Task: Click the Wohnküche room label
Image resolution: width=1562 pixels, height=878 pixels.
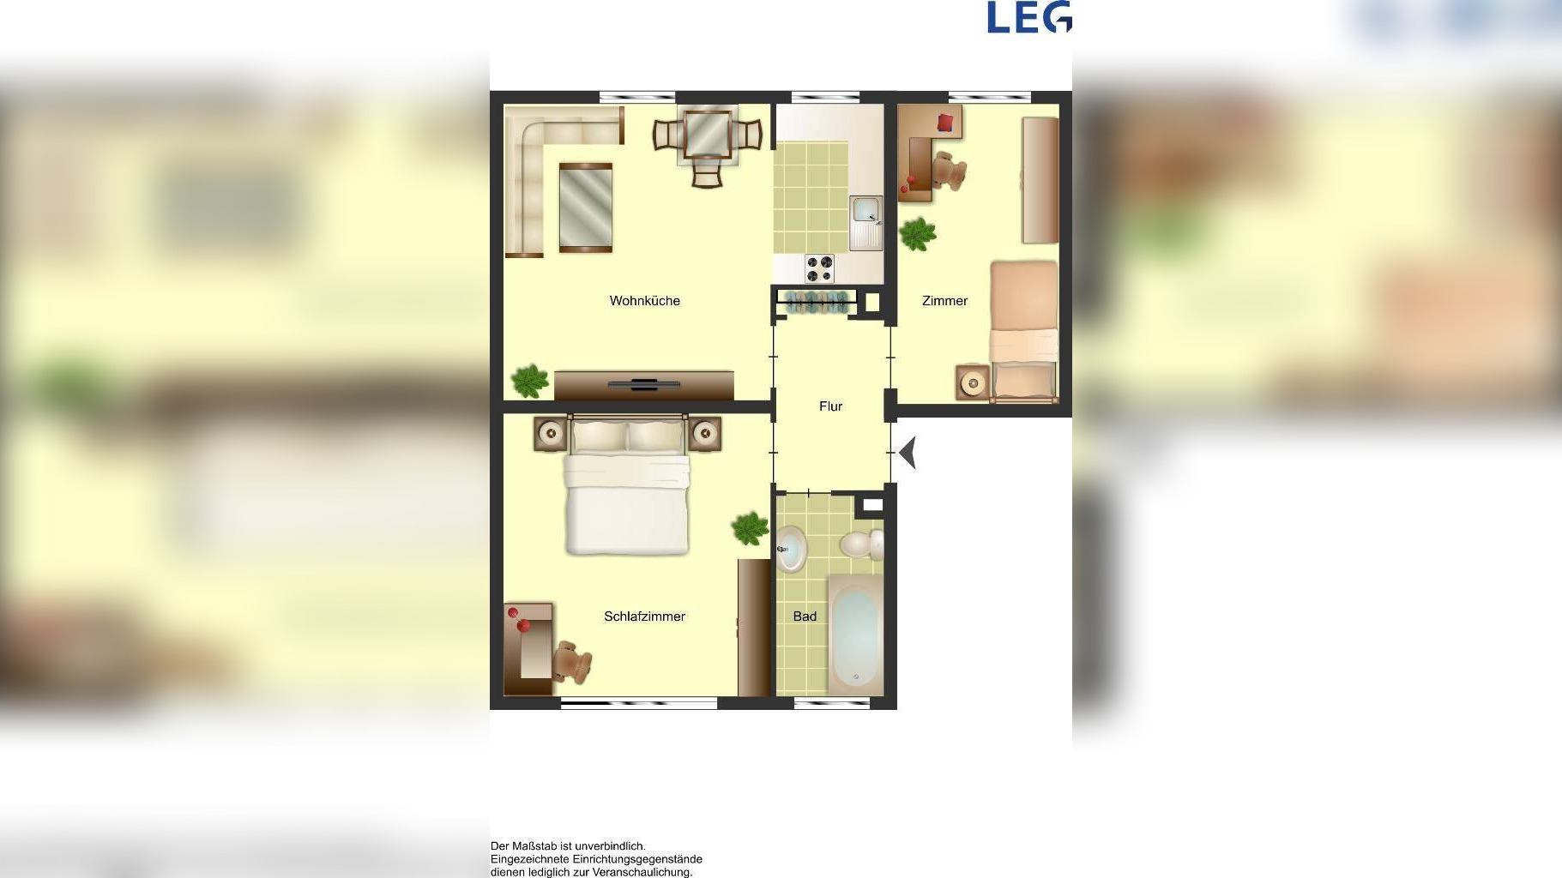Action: pyautogui.click(x=644, y=301)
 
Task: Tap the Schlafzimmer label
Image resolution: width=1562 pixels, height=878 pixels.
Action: pyautogui.click(x=644, y=616)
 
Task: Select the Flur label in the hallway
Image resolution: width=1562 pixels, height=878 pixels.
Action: pyautogui.click(x=830, y=406)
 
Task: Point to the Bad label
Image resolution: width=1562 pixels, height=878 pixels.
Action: pyautogui.click(x=805, y=616)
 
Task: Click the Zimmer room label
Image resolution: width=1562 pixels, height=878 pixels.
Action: pyautogui.click(x=944, y=301)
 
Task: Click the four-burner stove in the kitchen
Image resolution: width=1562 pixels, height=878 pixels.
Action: pyautogui.click(x=819, y=268)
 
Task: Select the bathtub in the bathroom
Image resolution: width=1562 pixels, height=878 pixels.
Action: pyautogui.click(x=855, y=634)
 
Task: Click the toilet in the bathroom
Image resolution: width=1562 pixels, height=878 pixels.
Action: pyautogui.click(x=861, y=544)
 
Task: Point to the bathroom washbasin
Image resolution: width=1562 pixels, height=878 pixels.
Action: pyautogui.click(x=791, y=549)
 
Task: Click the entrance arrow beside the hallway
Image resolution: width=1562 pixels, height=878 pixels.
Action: pyautogui.click(x=908, y=453)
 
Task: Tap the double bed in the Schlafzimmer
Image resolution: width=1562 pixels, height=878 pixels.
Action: pyautogui.click(x=627, y=485)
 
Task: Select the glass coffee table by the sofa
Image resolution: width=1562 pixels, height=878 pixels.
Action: pyautogui.click(x=586, y=207)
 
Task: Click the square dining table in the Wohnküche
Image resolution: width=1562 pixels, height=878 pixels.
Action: pyautogui.click(x=708, y=135)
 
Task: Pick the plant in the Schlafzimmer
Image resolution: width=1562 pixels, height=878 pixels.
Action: pyautogui.click(x=750, y=528)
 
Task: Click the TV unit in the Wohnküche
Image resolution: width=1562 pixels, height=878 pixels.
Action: pyautogui.click(x=644, y=385)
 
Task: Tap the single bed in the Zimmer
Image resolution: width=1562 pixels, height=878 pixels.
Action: pyautogui.click(x=1024, y=332)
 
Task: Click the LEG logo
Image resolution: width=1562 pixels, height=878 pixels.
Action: pyautogui.click(x=1029, y=17)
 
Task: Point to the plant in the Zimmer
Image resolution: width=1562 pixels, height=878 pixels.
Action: pyautogui.click(x=918, y=233)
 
